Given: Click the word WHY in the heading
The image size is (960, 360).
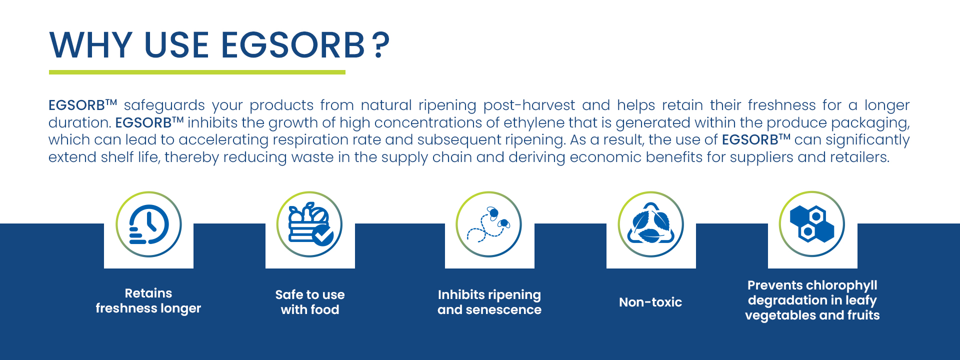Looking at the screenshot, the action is tap(90, 45).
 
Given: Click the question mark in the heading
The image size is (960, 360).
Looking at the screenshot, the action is tap(381, 45).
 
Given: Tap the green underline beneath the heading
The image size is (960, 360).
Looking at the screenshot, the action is tap(197, 72).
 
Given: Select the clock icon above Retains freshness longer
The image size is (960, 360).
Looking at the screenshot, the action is tap(148, 224).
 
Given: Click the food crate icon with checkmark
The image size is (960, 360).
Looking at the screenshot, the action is tap(309, 224).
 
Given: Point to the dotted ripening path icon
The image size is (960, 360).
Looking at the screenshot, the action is tap(488, 224).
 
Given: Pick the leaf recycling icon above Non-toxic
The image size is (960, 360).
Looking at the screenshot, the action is tap(650, 224).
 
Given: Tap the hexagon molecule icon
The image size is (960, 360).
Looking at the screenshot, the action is tap(812, 224).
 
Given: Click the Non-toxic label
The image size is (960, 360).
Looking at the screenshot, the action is tap(650, 302).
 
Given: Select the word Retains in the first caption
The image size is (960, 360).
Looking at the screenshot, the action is tap(148, 293).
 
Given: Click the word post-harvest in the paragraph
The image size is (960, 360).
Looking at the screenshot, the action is tap(529, 105).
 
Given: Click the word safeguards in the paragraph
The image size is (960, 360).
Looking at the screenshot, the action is tap(164, 105).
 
